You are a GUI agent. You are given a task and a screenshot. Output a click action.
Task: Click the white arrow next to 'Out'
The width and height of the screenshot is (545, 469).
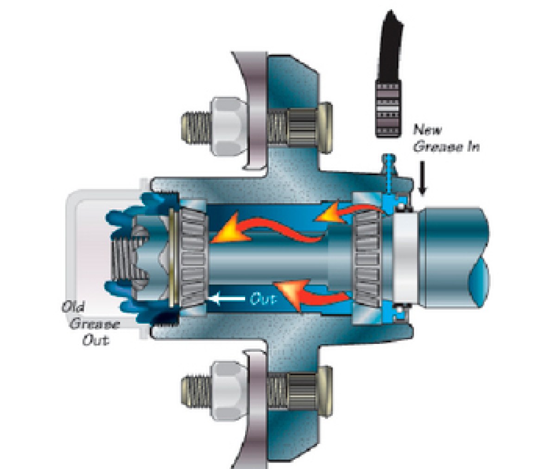226,298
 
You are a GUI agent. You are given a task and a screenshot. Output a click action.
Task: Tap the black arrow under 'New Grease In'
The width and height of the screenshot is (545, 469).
422,177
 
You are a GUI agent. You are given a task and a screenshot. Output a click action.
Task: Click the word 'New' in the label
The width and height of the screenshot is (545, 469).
427,130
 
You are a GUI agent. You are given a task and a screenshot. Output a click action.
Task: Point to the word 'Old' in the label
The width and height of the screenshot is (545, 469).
73,307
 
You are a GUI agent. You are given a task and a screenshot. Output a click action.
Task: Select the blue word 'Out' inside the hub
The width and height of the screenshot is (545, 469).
263,299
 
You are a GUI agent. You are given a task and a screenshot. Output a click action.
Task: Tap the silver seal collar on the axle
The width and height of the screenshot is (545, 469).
407,258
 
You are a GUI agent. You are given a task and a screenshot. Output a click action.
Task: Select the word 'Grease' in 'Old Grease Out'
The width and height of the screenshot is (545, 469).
95,324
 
